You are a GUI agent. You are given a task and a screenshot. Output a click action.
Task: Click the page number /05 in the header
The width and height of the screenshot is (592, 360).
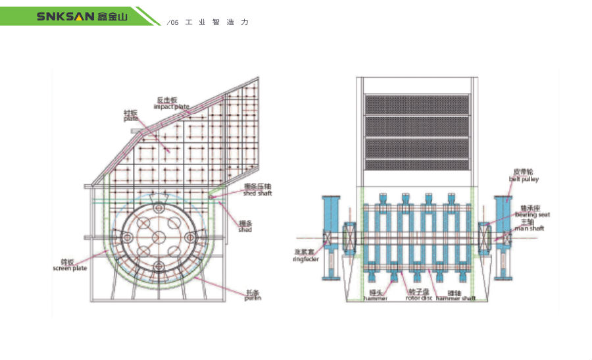coord(173,22)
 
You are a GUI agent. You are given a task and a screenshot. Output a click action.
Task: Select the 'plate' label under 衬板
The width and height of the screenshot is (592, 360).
coord(131,119)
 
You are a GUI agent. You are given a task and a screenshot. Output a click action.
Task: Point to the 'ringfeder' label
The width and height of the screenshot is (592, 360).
coord(307,259)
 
